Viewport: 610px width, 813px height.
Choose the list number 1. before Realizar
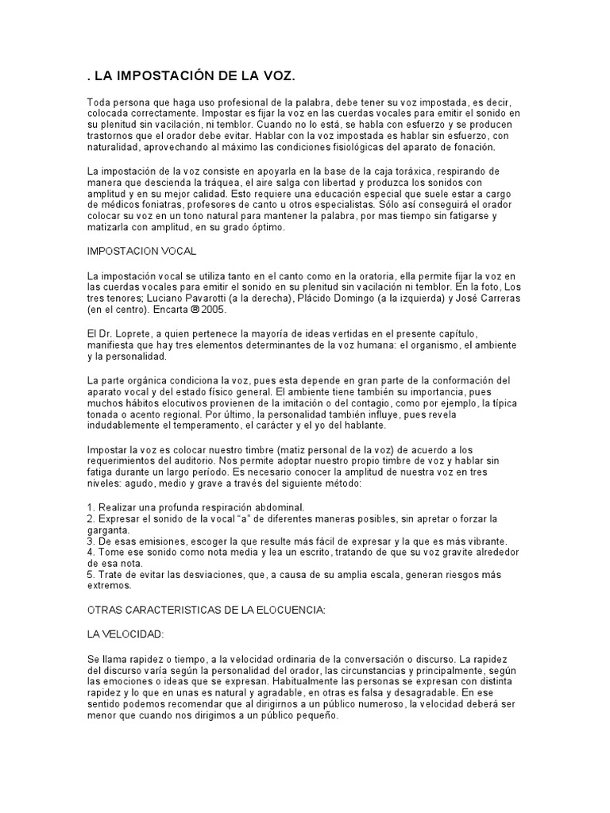click(x=91, y=507)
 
